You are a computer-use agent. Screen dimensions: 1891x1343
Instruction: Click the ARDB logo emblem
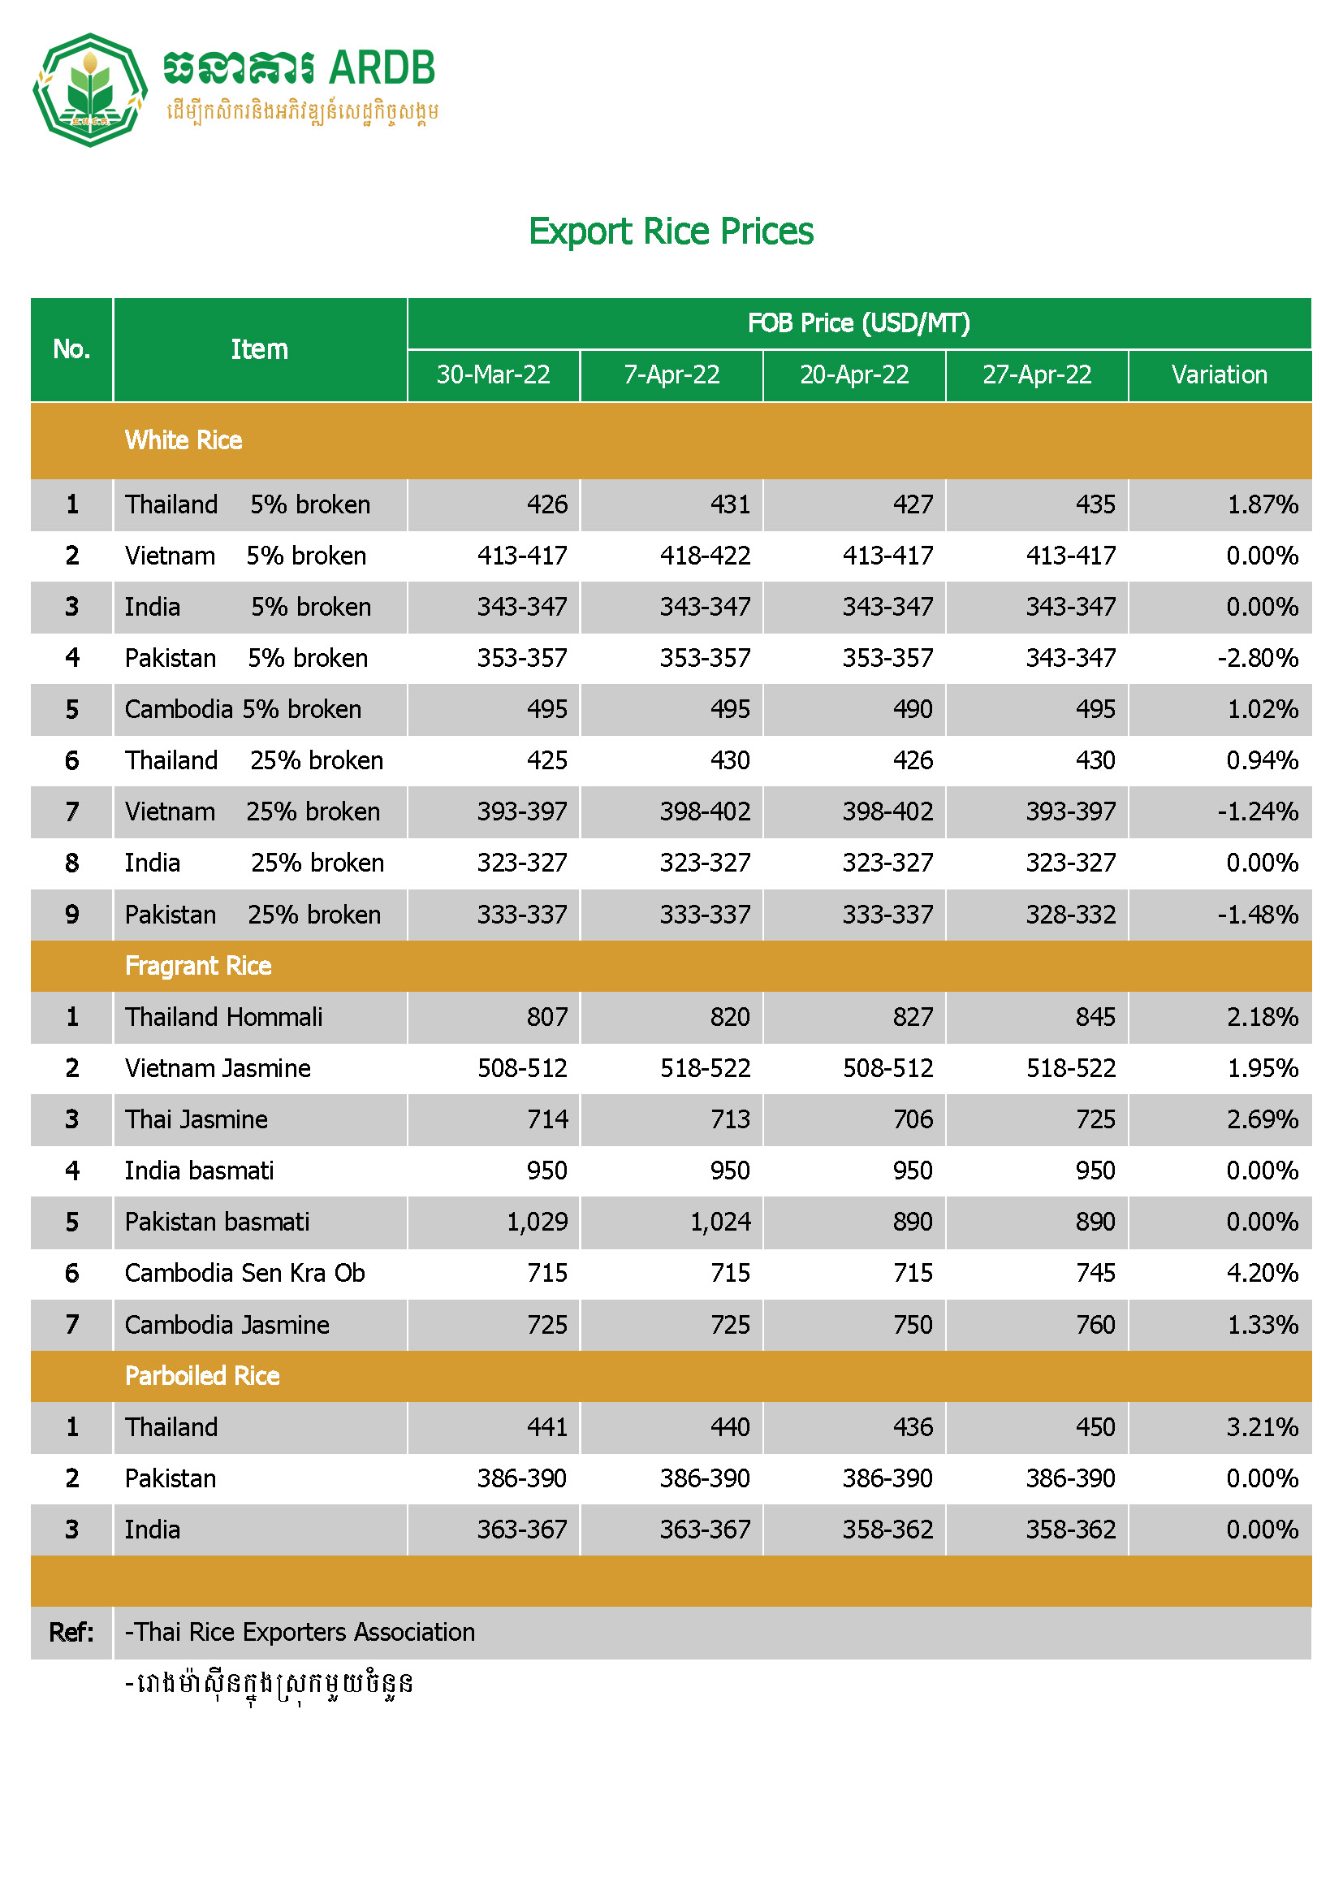(89, 89)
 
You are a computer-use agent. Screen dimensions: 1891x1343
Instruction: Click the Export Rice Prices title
(671, 231)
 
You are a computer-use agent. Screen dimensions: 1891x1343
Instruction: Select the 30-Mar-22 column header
(493, 374)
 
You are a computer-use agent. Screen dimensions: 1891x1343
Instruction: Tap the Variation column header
(1219, 374)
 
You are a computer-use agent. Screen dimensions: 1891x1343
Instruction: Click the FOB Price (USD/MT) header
(858, 322)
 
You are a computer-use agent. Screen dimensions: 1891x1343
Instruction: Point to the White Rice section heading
(184, 440)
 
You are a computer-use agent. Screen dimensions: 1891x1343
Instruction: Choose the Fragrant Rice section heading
(198, 965)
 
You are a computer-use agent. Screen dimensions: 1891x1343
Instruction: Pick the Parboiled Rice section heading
(203, 1376)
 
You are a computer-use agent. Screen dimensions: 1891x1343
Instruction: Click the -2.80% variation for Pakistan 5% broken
(1257, 659)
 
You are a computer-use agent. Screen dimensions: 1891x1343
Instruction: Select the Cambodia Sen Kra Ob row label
(244, 1273)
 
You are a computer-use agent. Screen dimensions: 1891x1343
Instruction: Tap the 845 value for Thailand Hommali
(1095, 1017)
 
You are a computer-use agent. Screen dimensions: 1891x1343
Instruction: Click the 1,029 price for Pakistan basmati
(538, 1222)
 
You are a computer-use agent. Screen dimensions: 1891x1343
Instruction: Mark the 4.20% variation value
(1262, 1273)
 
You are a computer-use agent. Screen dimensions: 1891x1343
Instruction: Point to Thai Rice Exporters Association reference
(300, 1632)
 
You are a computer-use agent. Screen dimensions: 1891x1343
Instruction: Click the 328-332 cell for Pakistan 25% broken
(1070, 915)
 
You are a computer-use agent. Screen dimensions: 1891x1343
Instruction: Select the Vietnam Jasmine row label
(218, 1068)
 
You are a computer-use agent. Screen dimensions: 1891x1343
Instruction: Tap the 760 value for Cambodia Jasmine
(1095, 1324)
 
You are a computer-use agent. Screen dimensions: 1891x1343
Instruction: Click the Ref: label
(71, 1632)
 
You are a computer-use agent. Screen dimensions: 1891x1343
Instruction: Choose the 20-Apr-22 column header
(854, 374)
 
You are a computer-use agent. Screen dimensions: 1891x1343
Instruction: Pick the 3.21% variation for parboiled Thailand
(1262, 1427)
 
